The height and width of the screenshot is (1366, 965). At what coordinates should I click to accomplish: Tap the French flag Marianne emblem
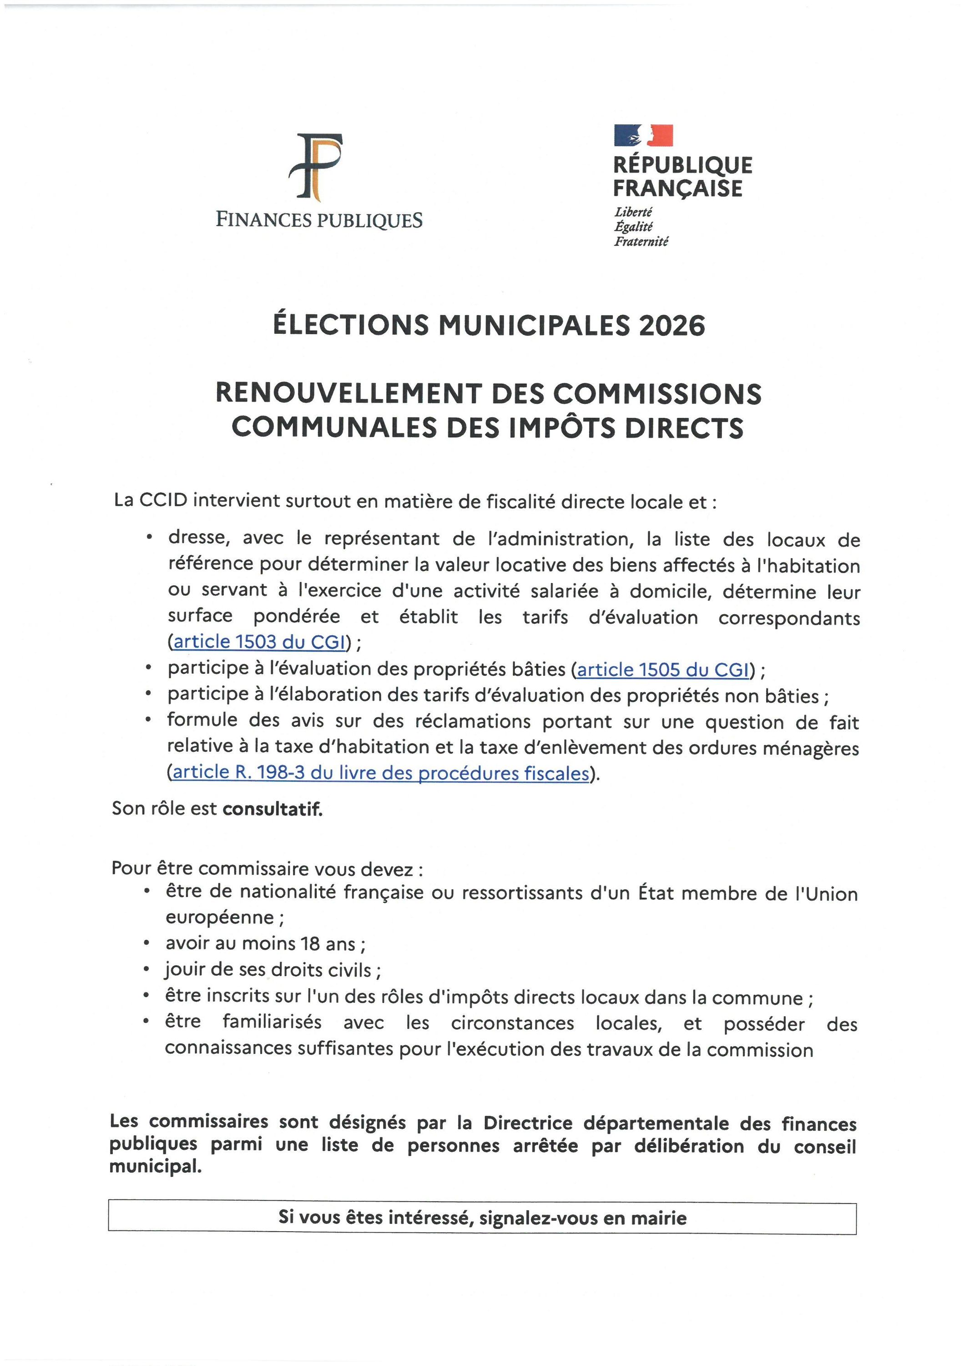point(643,135)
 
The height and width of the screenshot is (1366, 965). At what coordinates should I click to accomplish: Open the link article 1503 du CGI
point(260,642)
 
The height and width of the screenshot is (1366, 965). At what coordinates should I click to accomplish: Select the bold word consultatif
point(273,809)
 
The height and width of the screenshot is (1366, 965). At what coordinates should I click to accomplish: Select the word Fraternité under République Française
point(642,241)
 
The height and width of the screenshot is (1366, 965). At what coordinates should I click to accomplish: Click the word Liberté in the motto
point(633,212)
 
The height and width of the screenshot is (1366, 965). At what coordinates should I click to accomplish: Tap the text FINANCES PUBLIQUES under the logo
point(318,220)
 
